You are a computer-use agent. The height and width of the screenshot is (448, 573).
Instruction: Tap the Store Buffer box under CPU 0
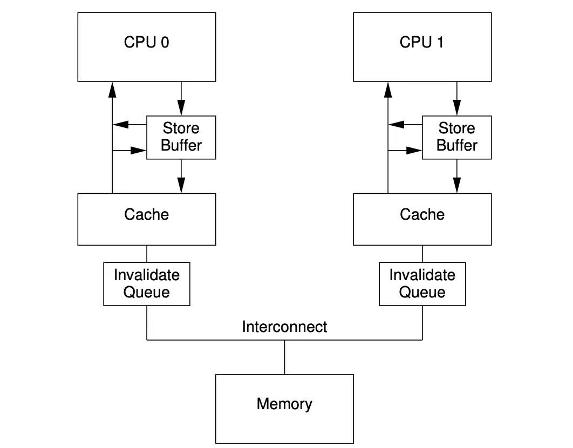[181, 137]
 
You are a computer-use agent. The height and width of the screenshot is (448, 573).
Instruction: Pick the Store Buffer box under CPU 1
[456, 137]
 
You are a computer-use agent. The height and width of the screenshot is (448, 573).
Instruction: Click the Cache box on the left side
[146, 219]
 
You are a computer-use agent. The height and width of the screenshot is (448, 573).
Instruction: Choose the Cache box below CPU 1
[422, 219]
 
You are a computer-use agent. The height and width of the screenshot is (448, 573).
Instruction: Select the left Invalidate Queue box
[146, 284]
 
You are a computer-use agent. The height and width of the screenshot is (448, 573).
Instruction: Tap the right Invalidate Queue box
[422, 284]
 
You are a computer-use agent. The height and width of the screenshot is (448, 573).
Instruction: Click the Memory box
[284, 409]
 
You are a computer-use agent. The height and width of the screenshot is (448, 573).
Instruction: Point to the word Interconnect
[284, 327]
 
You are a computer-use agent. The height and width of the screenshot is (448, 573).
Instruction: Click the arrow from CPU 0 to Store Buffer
[181, 98]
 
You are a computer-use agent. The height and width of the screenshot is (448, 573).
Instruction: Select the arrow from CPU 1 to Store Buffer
[456, 98]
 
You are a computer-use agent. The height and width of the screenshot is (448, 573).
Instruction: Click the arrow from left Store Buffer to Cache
[181, 176]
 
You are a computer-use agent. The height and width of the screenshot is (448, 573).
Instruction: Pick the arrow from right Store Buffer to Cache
[456, 176]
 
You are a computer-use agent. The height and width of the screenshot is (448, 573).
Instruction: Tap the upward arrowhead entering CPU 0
[112, 89]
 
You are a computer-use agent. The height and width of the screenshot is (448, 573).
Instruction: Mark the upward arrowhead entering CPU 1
[388, 89]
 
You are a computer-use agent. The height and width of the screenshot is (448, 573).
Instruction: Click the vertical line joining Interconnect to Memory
[284, 357]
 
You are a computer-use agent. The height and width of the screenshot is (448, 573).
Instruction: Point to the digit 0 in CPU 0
[164, 42]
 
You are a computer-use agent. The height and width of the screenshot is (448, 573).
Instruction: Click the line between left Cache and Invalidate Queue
[146, 254]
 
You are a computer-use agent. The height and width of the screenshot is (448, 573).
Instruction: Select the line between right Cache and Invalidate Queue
[422, 254]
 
